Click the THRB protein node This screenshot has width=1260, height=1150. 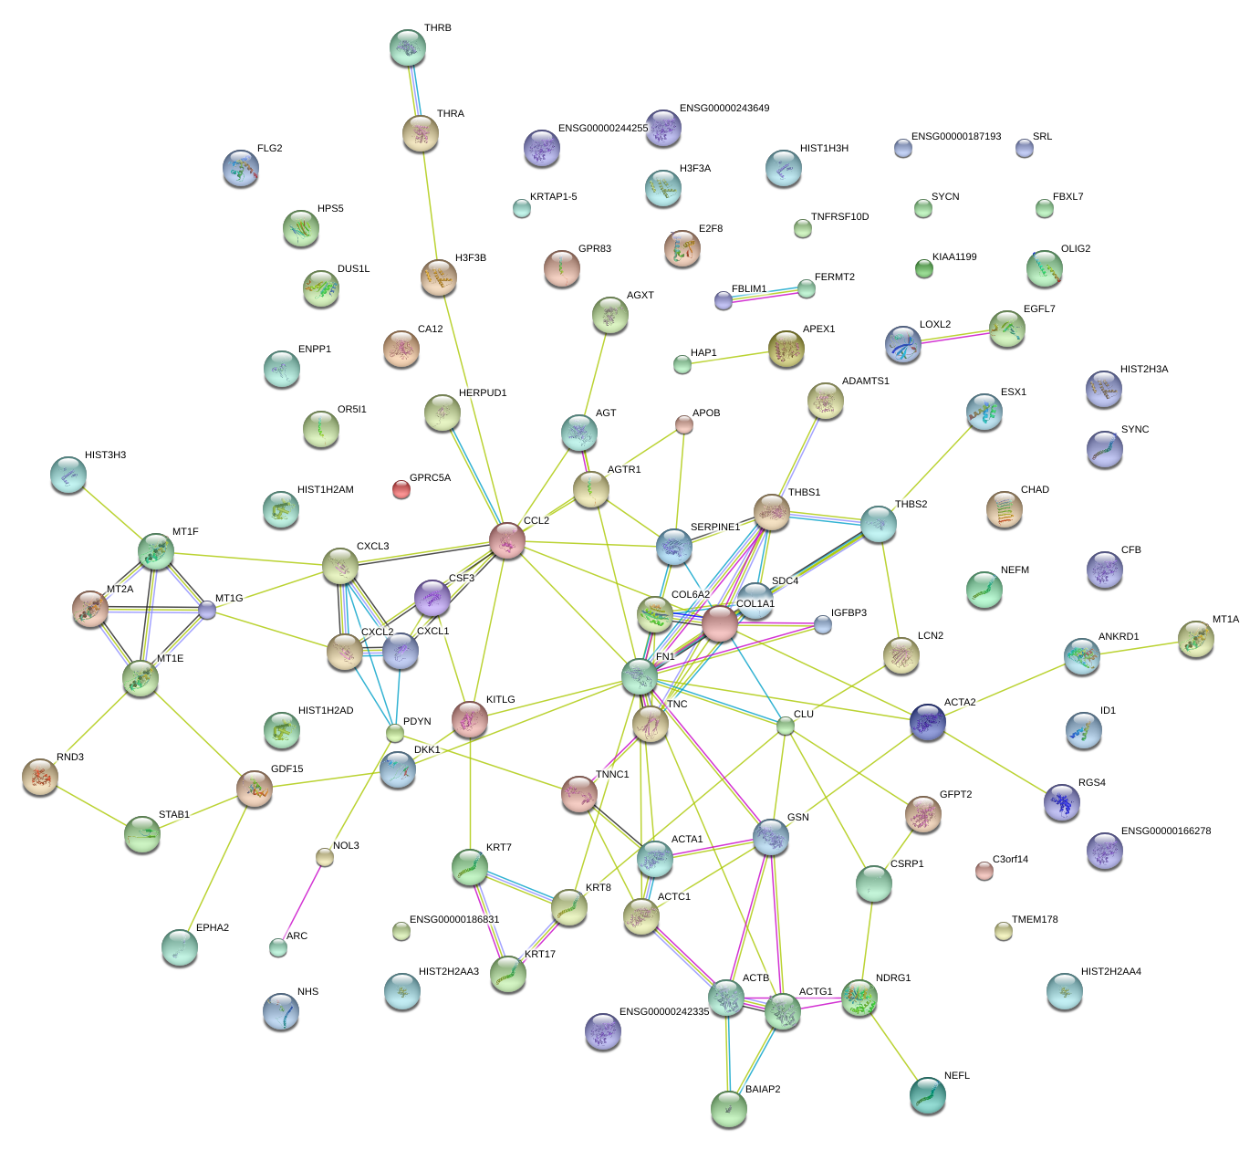(407, 47)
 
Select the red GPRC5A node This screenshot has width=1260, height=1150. (401, 489)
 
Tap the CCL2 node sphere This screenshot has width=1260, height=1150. (507, 539)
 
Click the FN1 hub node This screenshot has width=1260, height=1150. (640, 675)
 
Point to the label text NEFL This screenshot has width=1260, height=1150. (956, 1076)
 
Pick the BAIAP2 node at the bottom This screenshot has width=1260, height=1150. (728, 1107)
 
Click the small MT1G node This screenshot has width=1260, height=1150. (208, 610)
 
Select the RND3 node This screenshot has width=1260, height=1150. (40, 776)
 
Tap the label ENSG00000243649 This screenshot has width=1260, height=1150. (724, 109)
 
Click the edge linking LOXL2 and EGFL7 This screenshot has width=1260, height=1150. (954, 335)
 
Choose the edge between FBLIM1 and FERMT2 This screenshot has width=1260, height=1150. (765, 294)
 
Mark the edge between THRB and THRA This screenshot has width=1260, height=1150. (414, 89)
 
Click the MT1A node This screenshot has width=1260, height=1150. (1195, 639)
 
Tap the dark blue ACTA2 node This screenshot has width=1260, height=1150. (928, 721)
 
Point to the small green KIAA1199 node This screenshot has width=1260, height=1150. (924, 267)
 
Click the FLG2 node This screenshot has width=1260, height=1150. (241, 168)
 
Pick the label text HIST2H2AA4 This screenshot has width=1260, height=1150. (1110, 972)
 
